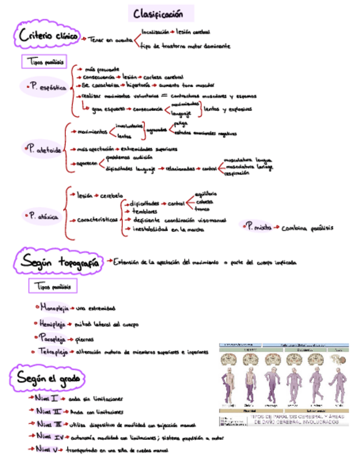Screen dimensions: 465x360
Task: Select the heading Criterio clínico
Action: coord(48,37)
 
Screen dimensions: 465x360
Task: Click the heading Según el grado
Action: coord(48,378)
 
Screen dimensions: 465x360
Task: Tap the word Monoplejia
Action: coord(53,308)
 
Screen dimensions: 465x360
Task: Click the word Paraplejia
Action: coord(53,338)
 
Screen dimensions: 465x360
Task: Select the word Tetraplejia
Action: coord(53,351)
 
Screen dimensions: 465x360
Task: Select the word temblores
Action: coord(145,211)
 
